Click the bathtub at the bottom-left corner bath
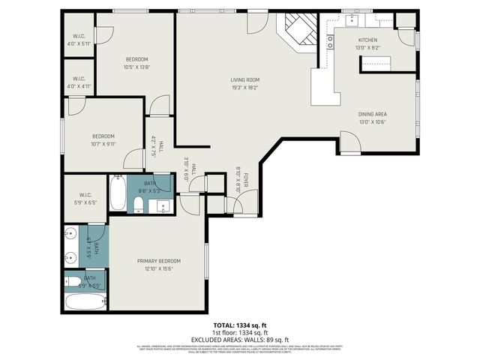[x=85, y=302]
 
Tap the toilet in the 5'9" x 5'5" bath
[x=73, y=283]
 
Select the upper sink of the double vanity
[x=70, y=233]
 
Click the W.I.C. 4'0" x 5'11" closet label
[x=79, y=40]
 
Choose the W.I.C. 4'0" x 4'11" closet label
[x=79, y=82]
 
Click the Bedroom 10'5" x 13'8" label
[x=136, y=63]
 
